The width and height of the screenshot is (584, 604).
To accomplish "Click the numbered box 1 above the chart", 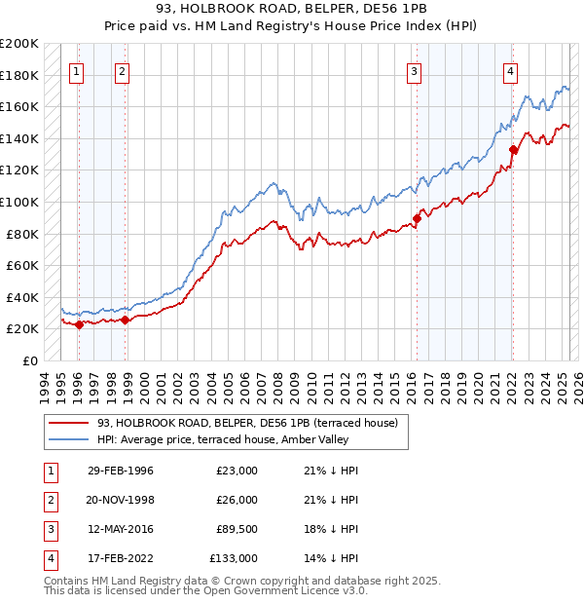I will click(77, 70).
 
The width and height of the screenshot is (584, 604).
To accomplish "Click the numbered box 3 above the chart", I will click(415, 70).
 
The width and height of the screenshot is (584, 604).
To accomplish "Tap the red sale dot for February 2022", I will click(513, 149).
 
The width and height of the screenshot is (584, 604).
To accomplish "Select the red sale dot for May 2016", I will click(416, 218).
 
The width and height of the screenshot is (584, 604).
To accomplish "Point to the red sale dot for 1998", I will click(125, 320).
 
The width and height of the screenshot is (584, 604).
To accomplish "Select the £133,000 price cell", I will click(234, 558).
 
